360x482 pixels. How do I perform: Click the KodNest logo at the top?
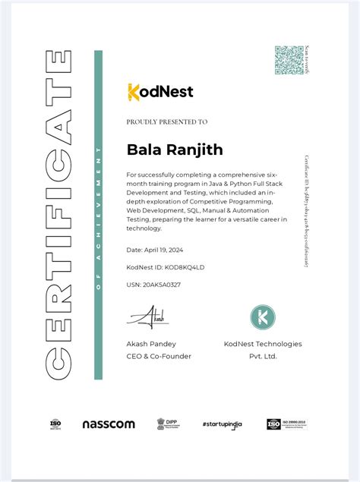click(160, 92)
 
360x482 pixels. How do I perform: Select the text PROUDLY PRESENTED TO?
click(166, 121)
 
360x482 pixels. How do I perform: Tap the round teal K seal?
click(263, 317)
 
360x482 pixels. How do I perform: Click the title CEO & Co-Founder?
click(159, 356)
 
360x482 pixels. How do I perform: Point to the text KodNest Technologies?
click(263, 344)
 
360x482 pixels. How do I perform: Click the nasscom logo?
click(109, 424)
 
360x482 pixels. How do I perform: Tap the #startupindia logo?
click(225, 424)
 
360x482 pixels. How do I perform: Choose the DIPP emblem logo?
click(166, 424)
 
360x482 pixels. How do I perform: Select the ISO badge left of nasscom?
click(55, 424)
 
